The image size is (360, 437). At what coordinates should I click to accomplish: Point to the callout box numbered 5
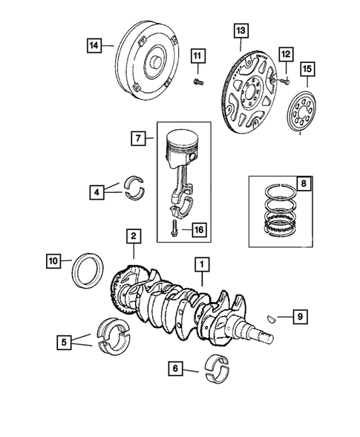point(65,342)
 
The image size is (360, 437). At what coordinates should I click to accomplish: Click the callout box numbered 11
point(197,56)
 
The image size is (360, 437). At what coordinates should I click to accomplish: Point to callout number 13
point(239,30)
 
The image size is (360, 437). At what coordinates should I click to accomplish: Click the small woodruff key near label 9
point(272,318)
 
